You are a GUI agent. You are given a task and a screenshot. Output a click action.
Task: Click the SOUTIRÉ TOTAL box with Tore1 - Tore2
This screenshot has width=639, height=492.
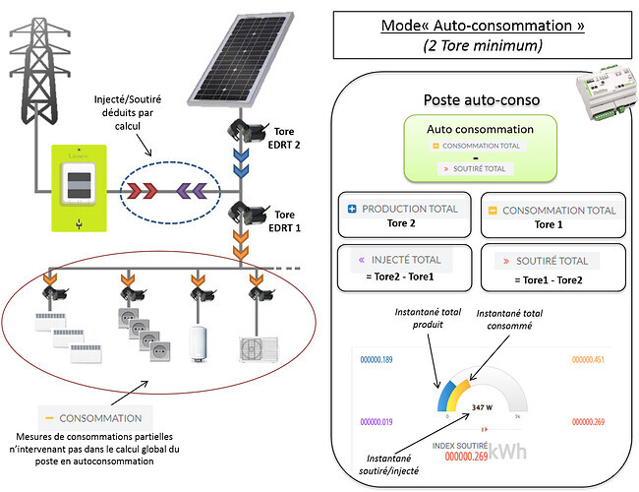(x=552, y=268)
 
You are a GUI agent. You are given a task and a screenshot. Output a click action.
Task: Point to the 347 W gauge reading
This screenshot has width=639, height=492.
(x=483, y=405)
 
